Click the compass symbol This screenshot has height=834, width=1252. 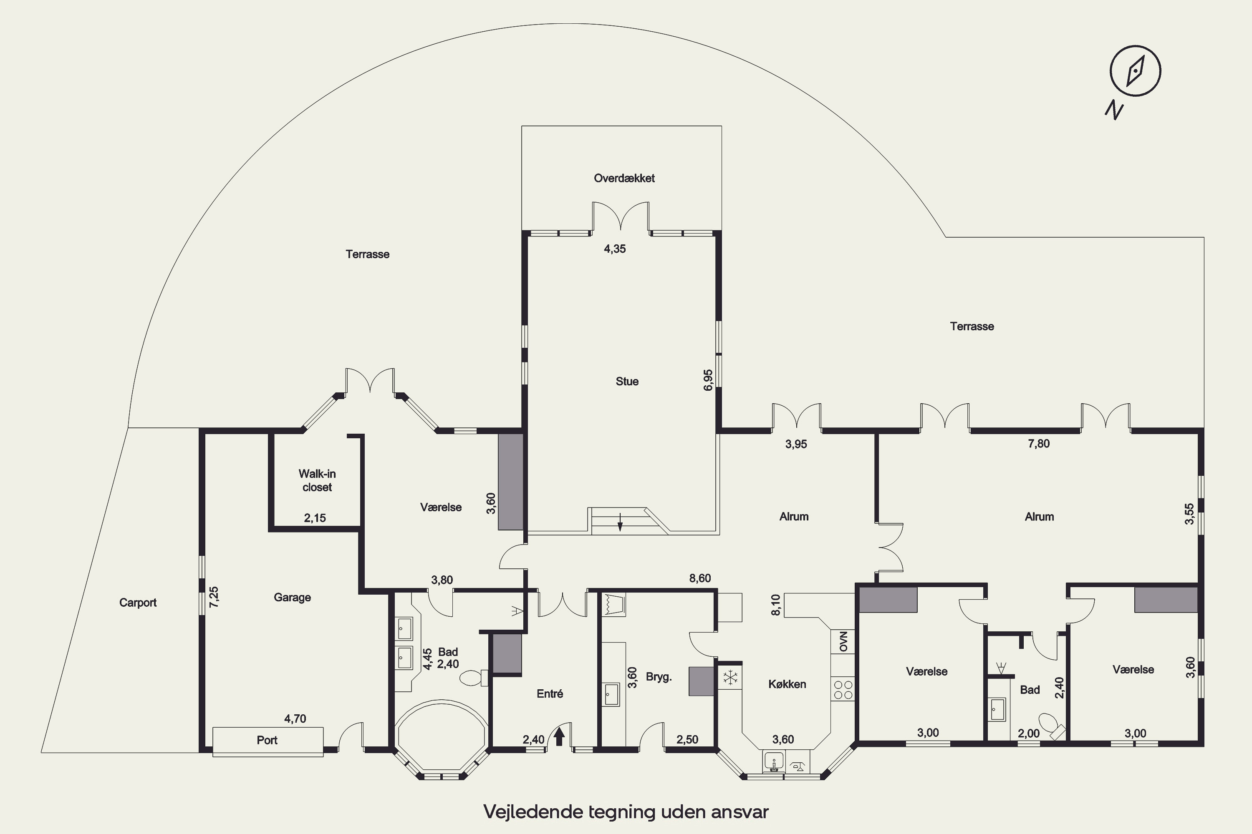pyautogui.click(x=1136, y=71)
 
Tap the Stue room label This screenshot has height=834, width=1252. pyautogui.click(x=627, y=382)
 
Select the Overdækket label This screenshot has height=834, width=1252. pyautogui.click(x=624, y=178)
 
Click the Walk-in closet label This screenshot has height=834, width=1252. pyautogui.click(x=317, y=480)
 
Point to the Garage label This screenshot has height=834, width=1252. pyautogui.click(x=292, y=597)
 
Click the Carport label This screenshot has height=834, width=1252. pyautogui.click(x=138, y=603)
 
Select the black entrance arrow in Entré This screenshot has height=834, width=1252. pyautogui.click(x=559, y=737)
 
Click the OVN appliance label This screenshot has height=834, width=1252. pyautogui.click(x=843, y=641)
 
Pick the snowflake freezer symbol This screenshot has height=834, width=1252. pyautogui.click(x=730, y=678)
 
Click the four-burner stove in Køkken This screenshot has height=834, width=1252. pyautogui.click(x=843, y=689)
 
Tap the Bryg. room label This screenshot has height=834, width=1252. pyautogui.click(x=659, y=677)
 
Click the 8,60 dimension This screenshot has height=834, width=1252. pyautogui.click(x=700, y=578)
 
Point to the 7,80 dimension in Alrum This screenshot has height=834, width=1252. pyautogui.click(x=1039, y=444)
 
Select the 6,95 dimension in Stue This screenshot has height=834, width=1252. pyautogui.click(x=708, y=380)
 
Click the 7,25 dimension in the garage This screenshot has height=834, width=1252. pyautogui.click(x=214, y=597)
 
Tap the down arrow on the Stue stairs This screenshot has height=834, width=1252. pyautogui.click(x=620, y=523)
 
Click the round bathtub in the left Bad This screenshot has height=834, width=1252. pyautogui.click(x=441, y=737)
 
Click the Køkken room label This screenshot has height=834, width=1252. pyautogui.click(x=787, y=684)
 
